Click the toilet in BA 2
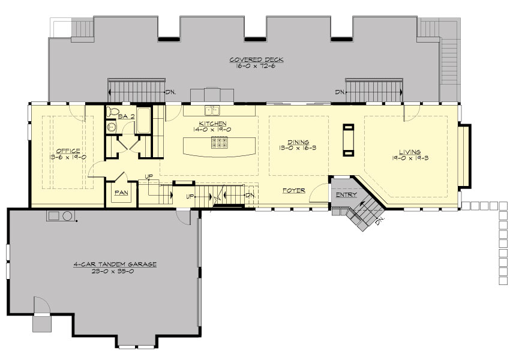(110, 112)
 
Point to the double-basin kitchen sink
(211, 110)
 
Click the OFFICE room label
(68, 151)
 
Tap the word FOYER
(294, 190)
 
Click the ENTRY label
(346, 194)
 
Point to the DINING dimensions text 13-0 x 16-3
(298, 147)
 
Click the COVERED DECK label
(256, 60)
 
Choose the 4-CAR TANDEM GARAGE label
(115, 264)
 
